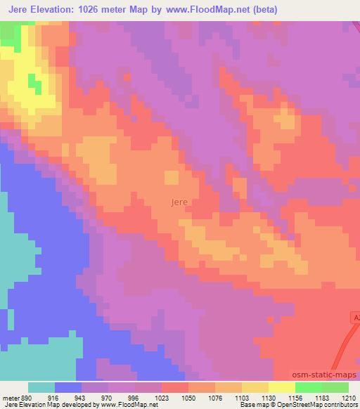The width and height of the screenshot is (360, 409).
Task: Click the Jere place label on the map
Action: [x=179, y=202]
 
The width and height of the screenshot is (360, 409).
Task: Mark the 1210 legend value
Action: [x=349, y=397]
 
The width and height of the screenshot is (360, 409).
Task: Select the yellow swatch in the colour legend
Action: [x=281, y=387]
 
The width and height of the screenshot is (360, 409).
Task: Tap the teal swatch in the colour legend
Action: [x=41, y=387]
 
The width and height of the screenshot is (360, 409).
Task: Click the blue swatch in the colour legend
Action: [x=68, y=387]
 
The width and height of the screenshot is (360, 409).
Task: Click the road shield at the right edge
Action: [x=355, y=318]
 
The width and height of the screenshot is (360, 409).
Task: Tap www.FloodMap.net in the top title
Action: [x=208, y=10]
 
